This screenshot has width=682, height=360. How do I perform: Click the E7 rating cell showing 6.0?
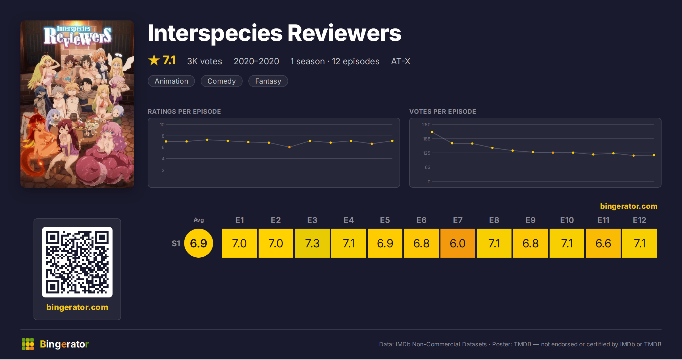(x=458, y=243)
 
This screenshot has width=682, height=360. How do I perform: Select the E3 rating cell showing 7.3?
(x=312, y=243)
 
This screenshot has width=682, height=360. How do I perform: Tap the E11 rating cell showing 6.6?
(x=603, y=243)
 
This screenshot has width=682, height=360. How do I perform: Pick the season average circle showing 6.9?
(x=199, y=243)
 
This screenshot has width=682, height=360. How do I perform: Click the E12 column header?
(x=639, y=220)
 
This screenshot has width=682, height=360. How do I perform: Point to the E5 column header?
(x=385, y=220)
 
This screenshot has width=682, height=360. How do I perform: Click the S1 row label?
(x=176, y=243)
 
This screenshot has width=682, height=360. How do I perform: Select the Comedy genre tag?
(x=222, y=81)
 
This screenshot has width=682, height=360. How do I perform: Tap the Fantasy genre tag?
(x=268, y=81)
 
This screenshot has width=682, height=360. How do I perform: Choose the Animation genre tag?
(x=171, y=81)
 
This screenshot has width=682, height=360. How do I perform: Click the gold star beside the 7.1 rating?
(x=154, y=60)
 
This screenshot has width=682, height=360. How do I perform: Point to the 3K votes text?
(x=205, y=61)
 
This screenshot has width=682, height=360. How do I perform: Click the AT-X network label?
(x=401, y=61)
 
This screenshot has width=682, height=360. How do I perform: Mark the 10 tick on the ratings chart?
(x=162, y=125)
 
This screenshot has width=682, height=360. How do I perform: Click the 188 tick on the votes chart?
(x=427, y=139)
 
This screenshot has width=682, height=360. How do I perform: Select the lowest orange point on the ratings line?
(x=289, y=147)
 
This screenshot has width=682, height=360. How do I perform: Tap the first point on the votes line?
(x=432, y=132)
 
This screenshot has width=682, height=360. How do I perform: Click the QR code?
(x=77, y=262)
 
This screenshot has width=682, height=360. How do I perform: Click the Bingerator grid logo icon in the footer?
(x=28, y=344)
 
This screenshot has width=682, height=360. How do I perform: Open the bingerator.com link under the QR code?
(x=77, y=307)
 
